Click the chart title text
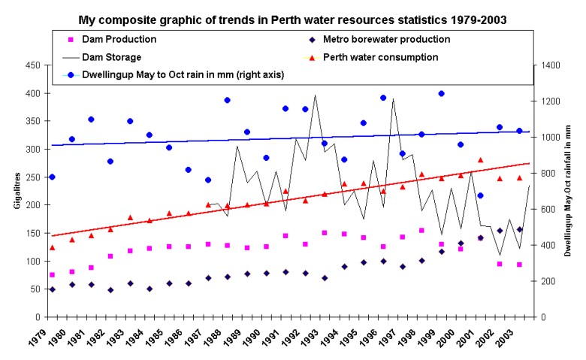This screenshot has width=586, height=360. click(293, 18)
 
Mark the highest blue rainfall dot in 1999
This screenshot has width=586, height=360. click(441, 94)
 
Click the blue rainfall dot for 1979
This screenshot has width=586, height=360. click(52, 177)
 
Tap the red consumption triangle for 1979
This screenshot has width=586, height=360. click(52, 247)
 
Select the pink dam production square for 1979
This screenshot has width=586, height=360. click(52, 275)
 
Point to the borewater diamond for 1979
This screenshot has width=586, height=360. click(52, 289)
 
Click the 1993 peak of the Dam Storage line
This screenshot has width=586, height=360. click(315, 95)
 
